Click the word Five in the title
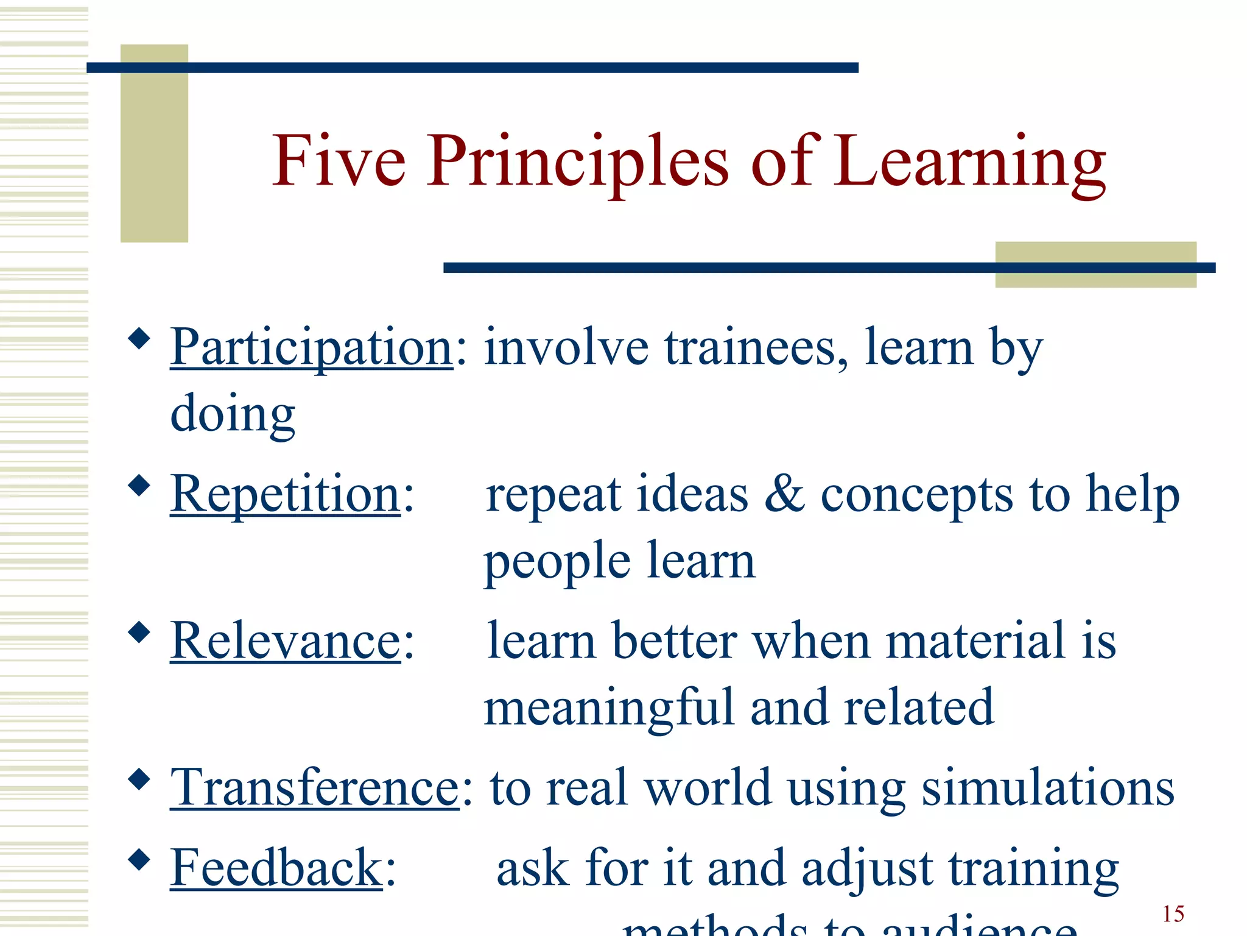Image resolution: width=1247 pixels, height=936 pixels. (x=339, y=161)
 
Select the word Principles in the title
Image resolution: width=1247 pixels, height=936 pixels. (x=577, y=162)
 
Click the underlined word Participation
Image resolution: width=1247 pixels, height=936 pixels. (x=311, y=347)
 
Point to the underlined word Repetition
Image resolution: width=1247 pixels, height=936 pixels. (x=285, y=494)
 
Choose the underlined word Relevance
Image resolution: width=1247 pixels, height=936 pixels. (x=285, y=641)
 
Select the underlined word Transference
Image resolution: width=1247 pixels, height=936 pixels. (x=314, y=788)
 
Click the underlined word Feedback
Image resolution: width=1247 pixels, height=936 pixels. (x=276, y=868)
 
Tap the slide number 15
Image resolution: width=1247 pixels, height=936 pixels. (x=1173, y=914)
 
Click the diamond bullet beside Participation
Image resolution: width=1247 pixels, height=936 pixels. (x=139, y=338)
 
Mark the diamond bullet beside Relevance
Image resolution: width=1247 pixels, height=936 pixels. (x=139, y=632)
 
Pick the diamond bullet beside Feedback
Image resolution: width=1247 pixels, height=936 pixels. (x=139, y=859)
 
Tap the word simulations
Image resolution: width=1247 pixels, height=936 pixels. (x=1047, y=788)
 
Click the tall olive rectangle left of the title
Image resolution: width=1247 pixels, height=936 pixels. (x=154, y=143)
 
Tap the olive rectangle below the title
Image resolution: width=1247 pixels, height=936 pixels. (x=1095, y=264)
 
